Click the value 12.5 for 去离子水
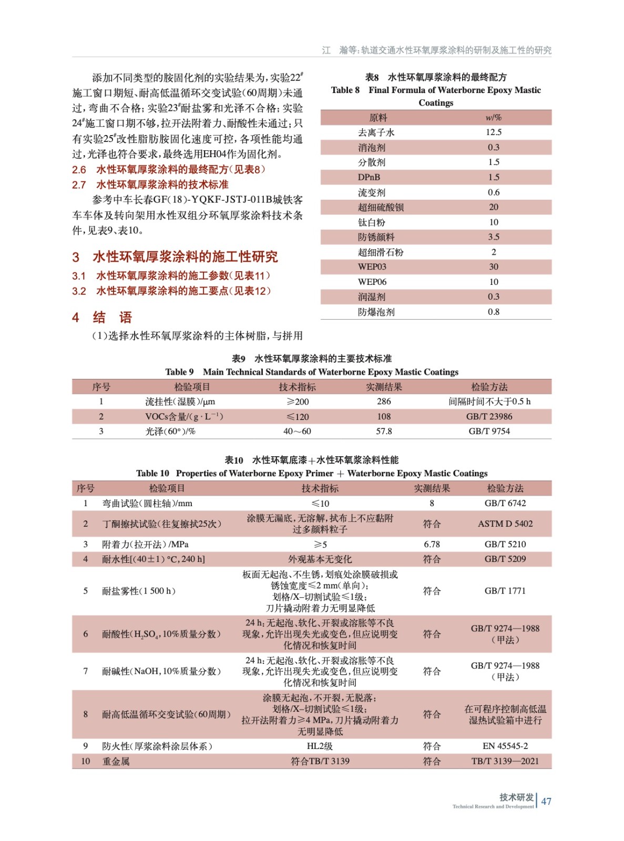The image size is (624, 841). click(x=493, y=132)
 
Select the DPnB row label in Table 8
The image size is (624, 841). click(x=369, y=177)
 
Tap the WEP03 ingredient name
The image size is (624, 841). click(x=372, y=266)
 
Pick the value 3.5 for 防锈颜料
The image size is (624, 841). click(x=493, y=237)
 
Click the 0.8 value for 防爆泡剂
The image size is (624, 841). click(x=493, y=312)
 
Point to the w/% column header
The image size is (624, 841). click(x=493, y=118)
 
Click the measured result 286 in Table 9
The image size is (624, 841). click(x=384, y=402)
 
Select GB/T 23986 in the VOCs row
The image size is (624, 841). click(x=489, y=416)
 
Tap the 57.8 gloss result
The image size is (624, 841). click(x=384, y=431)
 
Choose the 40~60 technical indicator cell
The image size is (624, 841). click(x=297, y=431)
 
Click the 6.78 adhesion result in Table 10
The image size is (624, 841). click(x=432, y=544)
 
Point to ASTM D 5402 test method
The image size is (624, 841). click(x=505, y=524)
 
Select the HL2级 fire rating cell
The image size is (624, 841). click(x=320, y=746)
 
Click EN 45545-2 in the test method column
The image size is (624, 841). click(x=505, y=746)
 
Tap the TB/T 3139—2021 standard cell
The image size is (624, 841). click(x=505, y=761)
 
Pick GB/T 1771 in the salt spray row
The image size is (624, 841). click(x=505, y=591)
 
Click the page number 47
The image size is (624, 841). click(x=546, y=801)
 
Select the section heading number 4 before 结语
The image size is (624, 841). click(x=76, y=317)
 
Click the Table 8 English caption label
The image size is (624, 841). click(x=345, y=90)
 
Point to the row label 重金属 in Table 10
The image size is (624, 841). click(x=116, y=761)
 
